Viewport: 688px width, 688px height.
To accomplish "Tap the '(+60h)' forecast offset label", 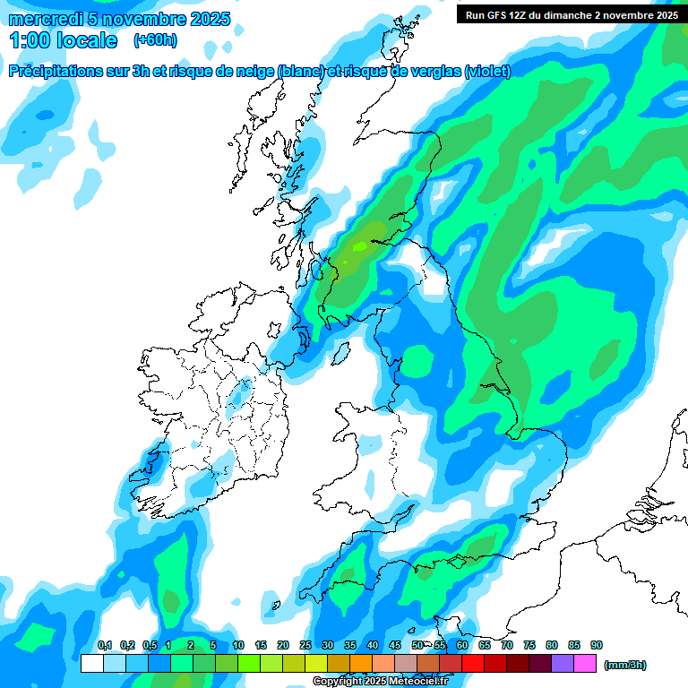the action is [155, 40].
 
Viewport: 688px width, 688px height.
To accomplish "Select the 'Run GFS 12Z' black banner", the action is [571, 14].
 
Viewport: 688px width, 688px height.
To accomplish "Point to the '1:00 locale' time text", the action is [63, 40].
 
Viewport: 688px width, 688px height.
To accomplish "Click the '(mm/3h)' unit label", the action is [624, 665].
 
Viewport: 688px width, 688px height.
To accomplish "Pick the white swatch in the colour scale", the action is [91, 664].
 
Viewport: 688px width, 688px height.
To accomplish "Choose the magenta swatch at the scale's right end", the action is [585, 664].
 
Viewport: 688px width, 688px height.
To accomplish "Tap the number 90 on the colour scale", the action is [597, 645].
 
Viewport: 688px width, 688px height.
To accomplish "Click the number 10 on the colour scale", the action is [238, 645].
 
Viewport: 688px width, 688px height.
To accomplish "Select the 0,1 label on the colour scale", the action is [105, 645].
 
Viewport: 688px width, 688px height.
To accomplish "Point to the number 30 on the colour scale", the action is [328, 645].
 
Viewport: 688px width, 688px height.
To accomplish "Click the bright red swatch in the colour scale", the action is [473, 664].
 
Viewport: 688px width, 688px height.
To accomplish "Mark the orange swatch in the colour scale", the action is [361, 664].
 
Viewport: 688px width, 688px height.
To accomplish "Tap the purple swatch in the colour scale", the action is [563, 664].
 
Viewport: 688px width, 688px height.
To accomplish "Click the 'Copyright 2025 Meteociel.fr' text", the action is [380, 682].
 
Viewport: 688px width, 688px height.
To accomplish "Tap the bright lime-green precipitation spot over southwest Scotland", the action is [359, 245].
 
